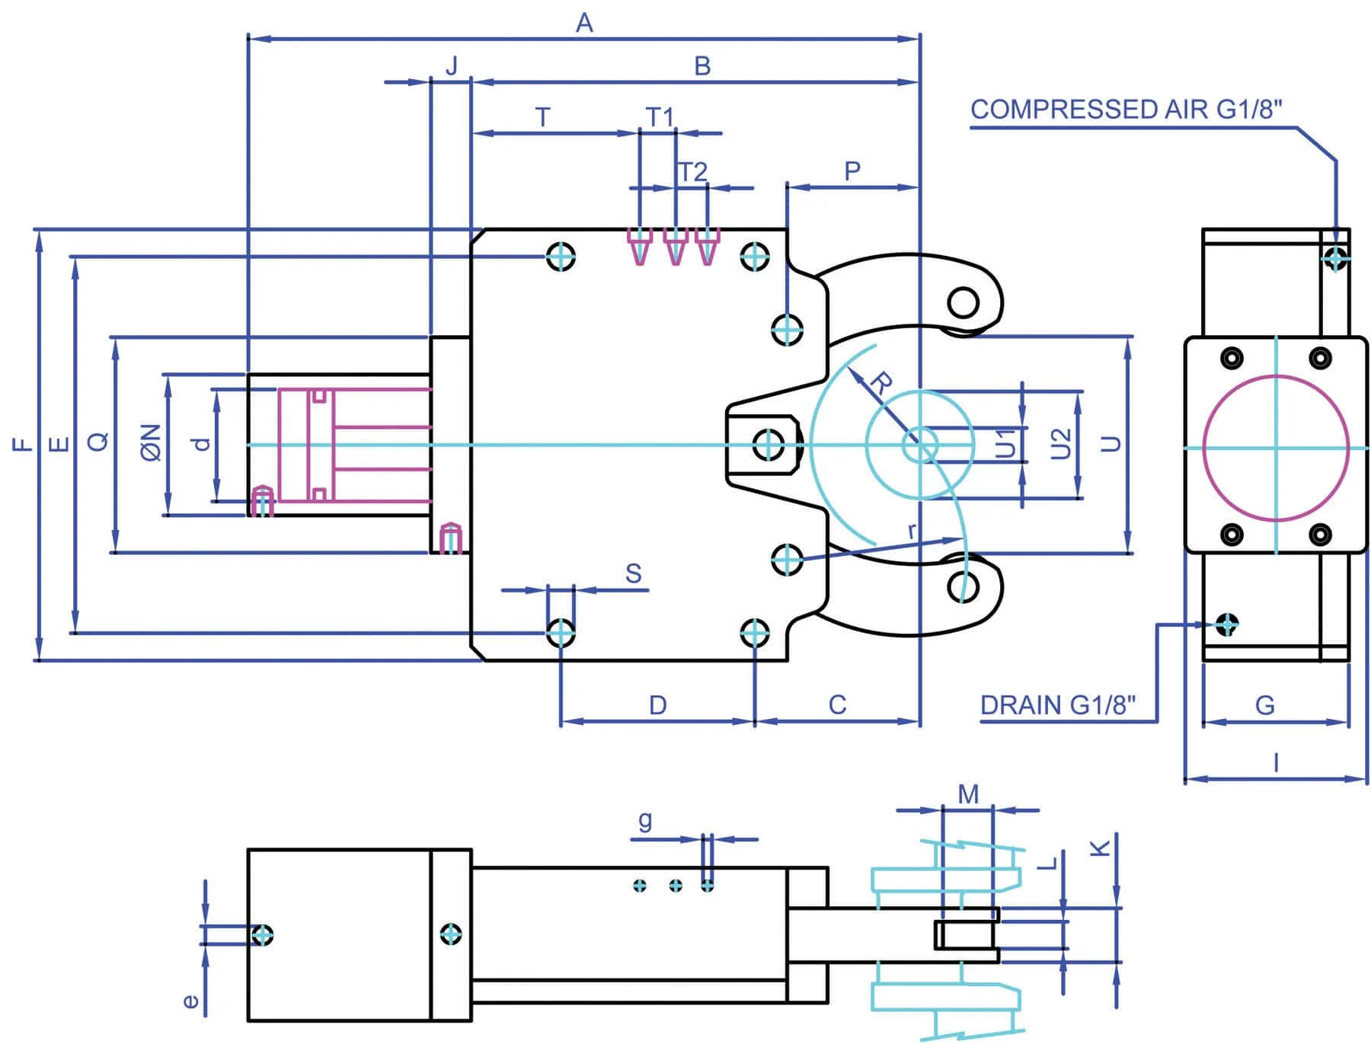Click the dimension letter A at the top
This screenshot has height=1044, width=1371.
[x=584, y=23]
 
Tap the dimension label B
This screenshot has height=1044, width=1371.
[x=702, y=66]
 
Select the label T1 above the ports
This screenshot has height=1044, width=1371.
[x=660, y=117]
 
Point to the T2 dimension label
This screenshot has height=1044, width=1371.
[x=693, y=172]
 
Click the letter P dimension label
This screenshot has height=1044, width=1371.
[x=852, y=171]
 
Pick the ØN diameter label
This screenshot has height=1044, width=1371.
[x=151, y=442]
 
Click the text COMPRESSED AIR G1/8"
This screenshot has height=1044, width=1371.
[x=1126, y=110]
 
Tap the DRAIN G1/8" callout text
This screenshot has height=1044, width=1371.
[x=1057, y=705]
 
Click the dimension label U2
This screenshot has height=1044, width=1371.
[x=1061, y=444]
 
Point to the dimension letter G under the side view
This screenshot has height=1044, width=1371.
[x=1264, y=705]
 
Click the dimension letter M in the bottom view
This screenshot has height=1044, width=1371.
[x=967, y=794]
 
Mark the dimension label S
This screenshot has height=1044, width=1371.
[x=633, y=573]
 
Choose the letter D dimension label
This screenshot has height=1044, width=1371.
[x=658, y=704]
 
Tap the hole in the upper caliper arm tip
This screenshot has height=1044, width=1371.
[x=964, y=302]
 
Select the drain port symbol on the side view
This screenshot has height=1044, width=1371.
[x=1226, y=624]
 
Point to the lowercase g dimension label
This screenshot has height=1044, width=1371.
[x=645, y=821]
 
